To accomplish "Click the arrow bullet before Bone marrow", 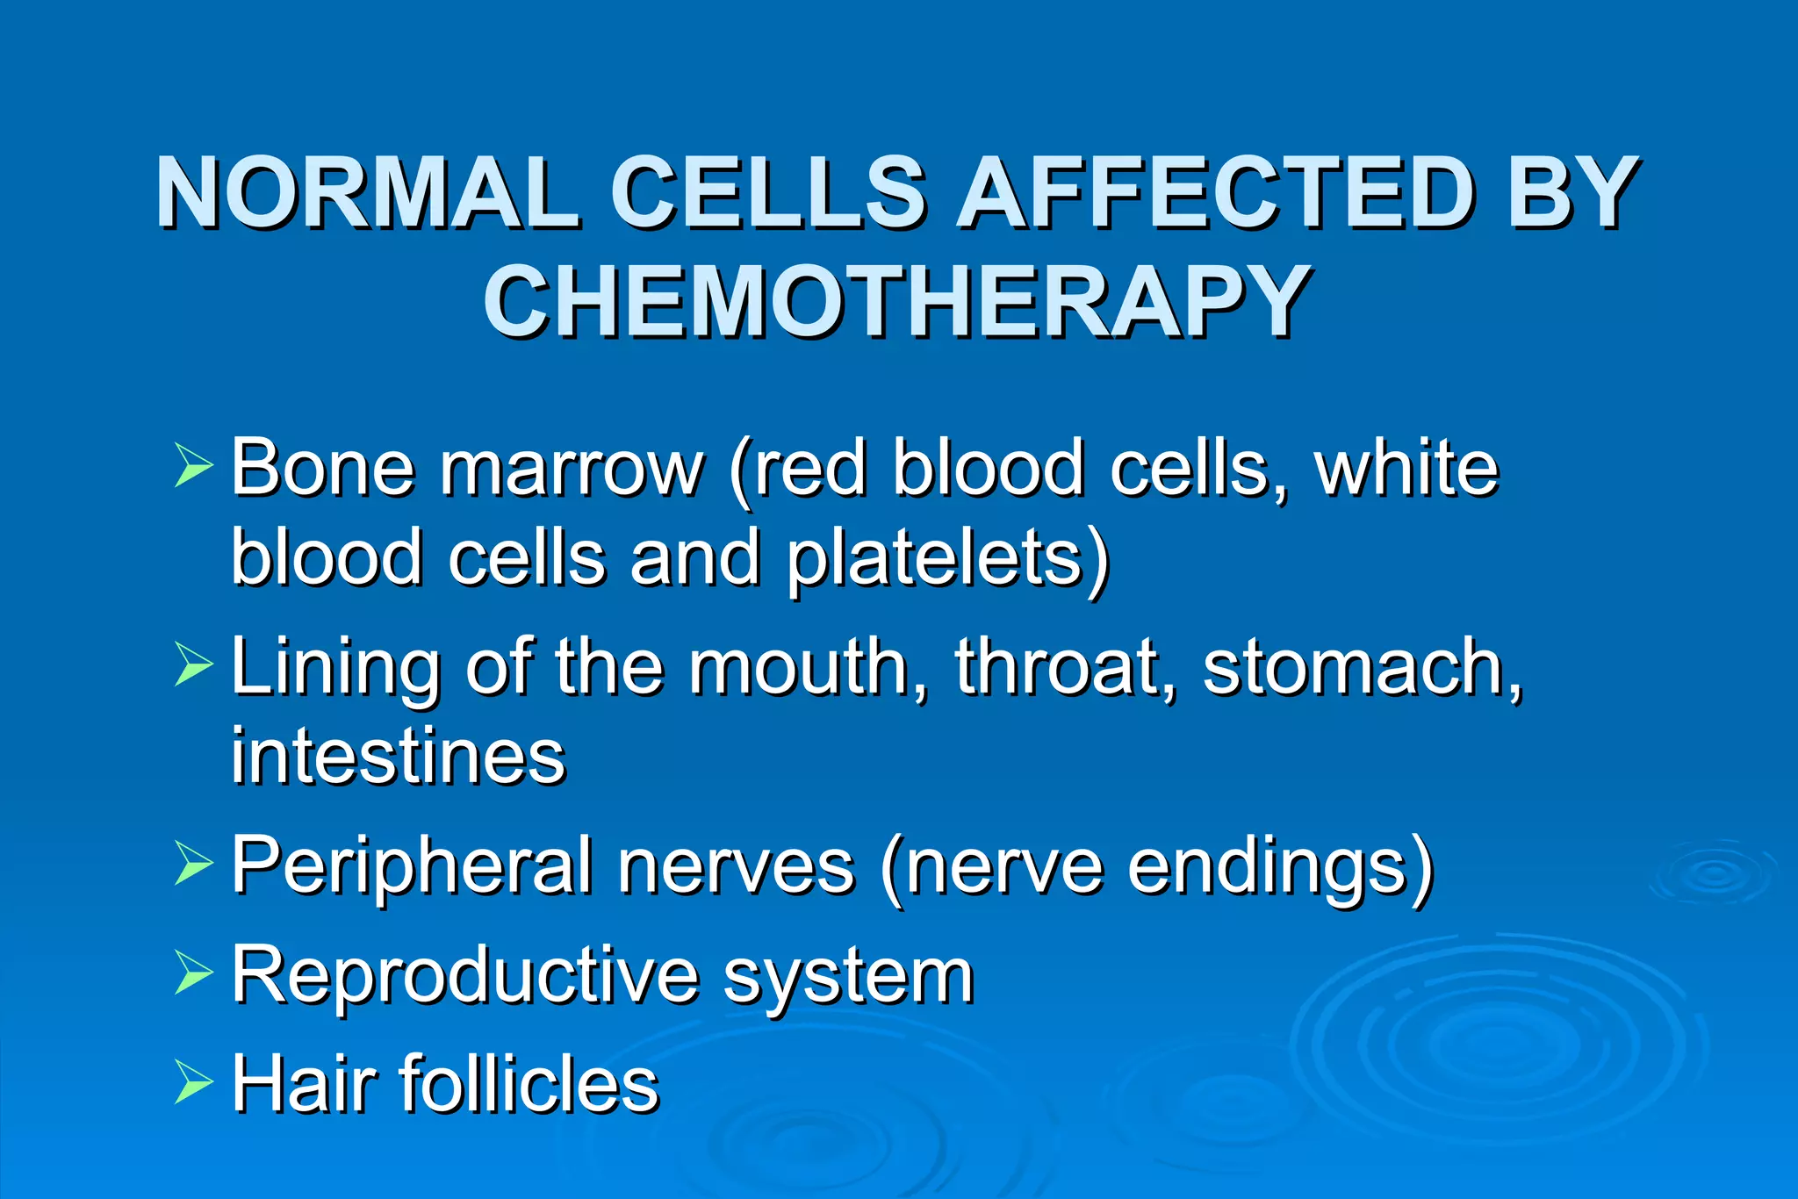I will (192, 465).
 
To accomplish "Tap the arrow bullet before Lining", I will (192, 664).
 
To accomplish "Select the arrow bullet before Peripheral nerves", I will (192, 864).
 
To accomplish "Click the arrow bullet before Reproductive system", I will (192, 973).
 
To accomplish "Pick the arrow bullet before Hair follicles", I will (192, 1081).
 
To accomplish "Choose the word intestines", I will (399, 757).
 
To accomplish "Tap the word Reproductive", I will (465, 976).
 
